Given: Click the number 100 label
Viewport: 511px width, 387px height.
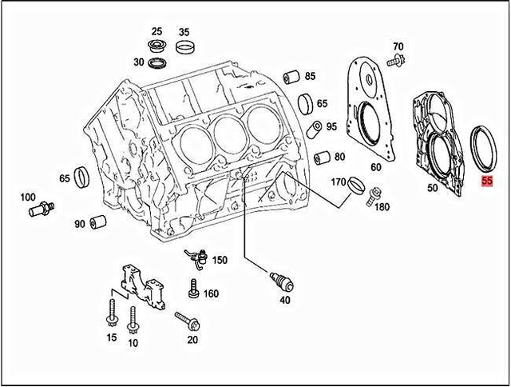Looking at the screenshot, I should click(x=28, y=197).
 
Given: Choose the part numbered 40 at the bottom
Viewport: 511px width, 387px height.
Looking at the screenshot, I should click(x=281, y=281).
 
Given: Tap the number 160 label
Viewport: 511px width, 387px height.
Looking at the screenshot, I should click(x=211, y=293).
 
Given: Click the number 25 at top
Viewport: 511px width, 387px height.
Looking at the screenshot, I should click(x=156, y=31).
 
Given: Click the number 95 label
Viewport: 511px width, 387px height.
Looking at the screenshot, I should click(x=331, y=127).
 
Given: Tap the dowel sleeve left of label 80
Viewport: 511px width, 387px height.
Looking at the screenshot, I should click(x=321, y=157).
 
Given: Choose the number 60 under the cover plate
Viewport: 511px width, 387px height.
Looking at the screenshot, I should click(x=375, y=167).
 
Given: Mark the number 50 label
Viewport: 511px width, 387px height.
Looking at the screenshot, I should click(x=432, y=188).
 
